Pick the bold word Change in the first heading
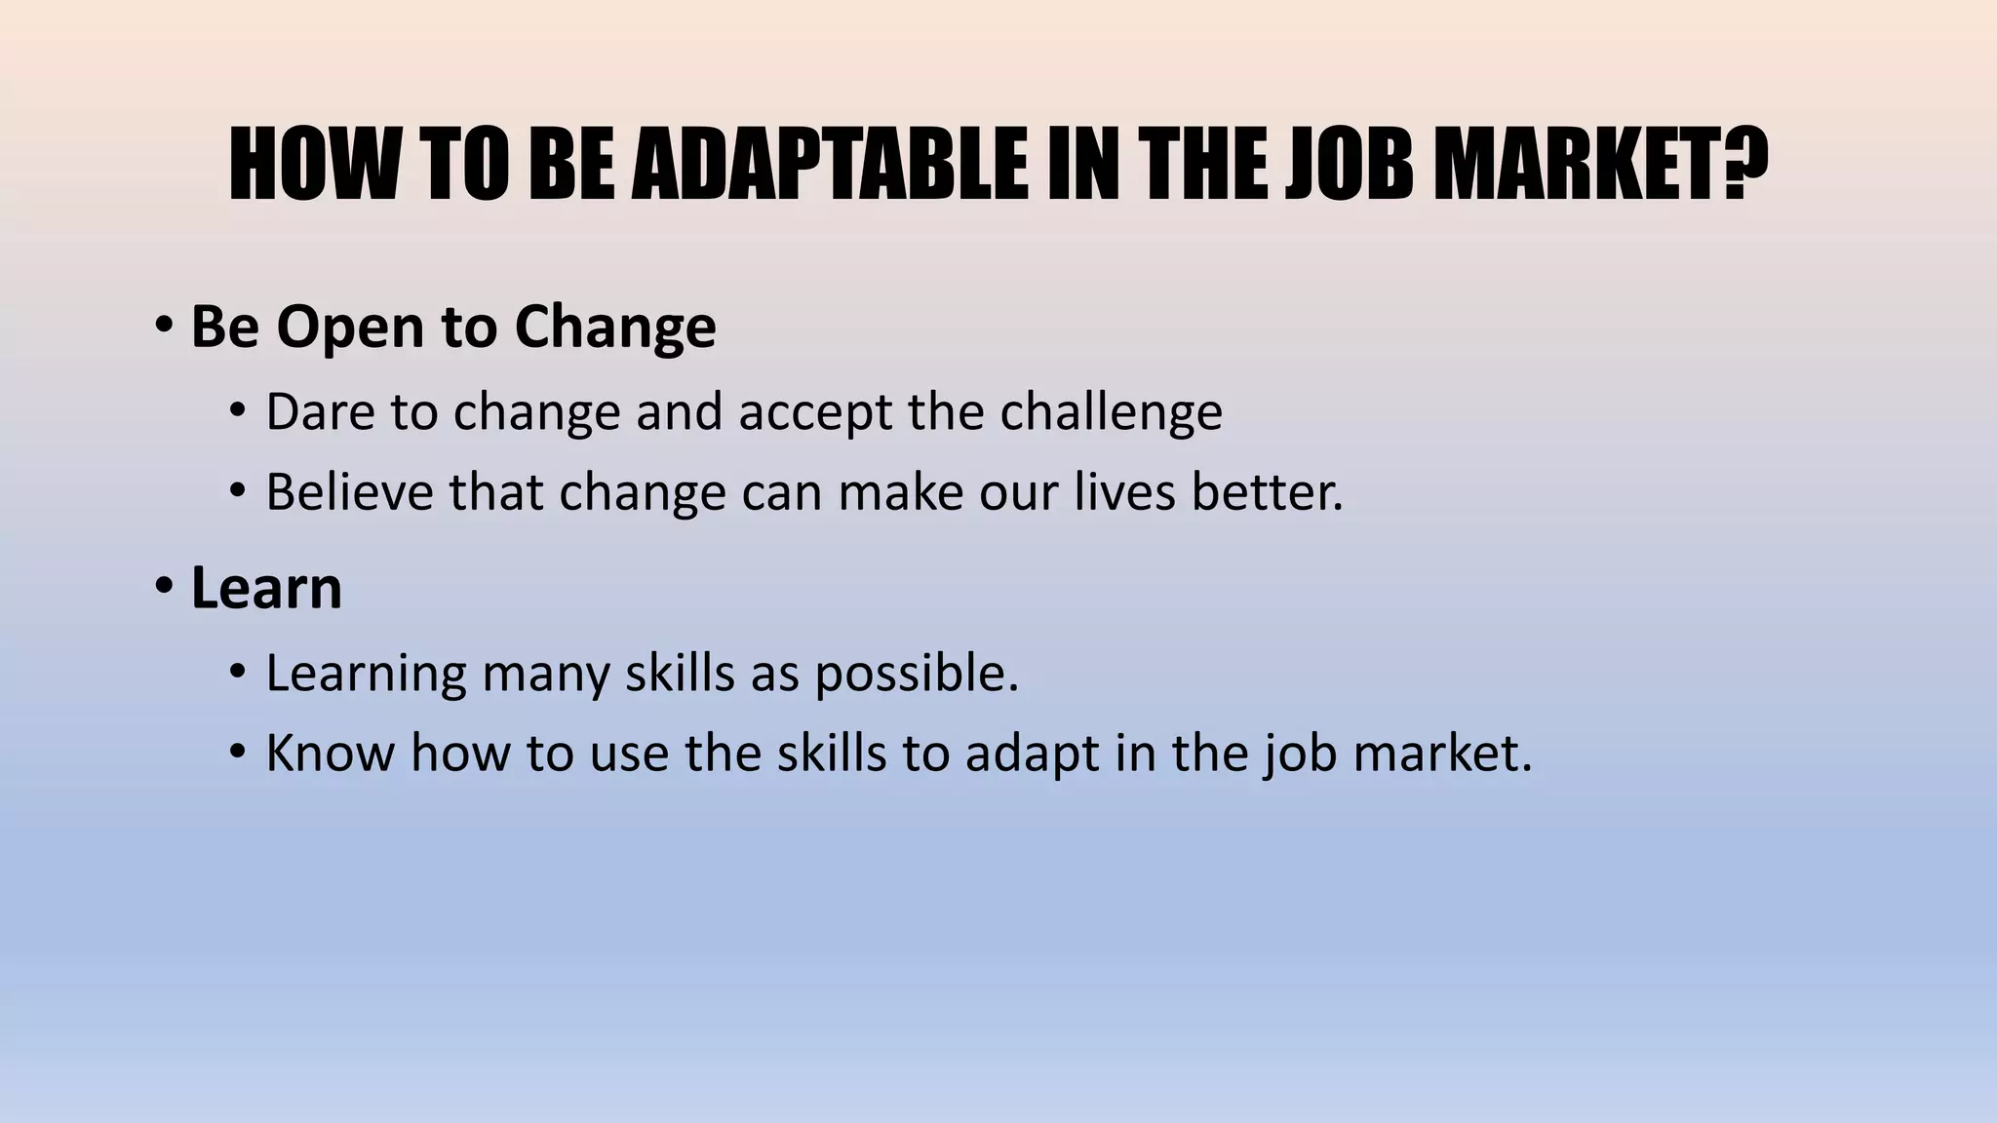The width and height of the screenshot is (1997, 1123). tap(615, 328)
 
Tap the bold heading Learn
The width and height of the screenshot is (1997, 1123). tap(266, 588)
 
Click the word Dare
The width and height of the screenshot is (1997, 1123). tap(320, 412)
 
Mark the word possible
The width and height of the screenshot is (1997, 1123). tap(917, 675)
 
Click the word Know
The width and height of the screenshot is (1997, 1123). tap(330, 754)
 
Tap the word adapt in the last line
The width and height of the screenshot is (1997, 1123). tap(1032, 755)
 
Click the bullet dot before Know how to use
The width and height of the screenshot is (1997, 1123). tap(237, 753)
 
